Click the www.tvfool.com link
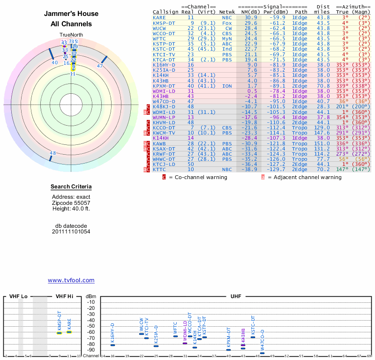pos(71,280)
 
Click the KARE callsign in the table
pos(159,17)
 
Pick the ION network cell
pos(227,86)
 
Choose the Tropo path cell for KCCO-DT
pos(300,128)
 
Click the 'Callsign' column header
pos(165,12)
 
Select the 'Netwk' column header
pos(226,12)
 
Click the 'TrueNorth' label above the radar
pos(71,35)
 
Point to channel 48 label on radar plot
pos(53,153)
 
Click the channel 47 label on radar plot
pos(99,66)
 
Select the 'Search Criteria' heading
pos(71,187)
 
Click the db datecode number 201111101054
pos(71,232)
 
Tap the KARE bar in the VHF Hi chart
pos(69,332)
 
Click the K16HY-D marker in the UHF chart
pos(112,345)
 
